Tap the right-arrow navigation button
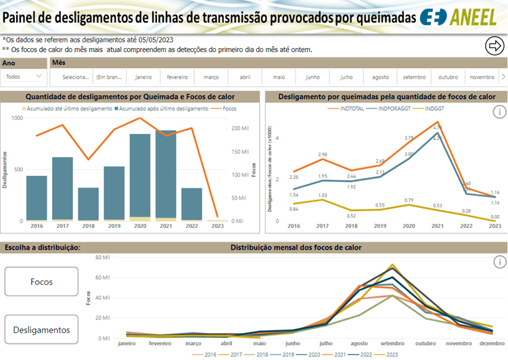pyautogui.click(x=495, y=45)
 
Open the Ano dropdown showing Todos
pyautogui.click(x=24, y=77)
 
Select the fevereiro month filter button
pyautogui.click(x=177, y=77)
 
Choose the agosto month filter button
pyautogui.click(x=380, y=77)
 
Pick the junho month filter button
pyautogui.click(x=313, y=77)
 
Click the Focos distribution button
pyautogui.click(x=41, y=282)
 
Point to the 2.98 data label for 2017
pyautogui.click(x=323, y=155)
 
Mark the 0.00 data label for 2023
pyautogui.click(x=495, y=217)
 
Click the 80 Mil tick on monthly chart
pyautogui.click(x=103, y=257)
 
